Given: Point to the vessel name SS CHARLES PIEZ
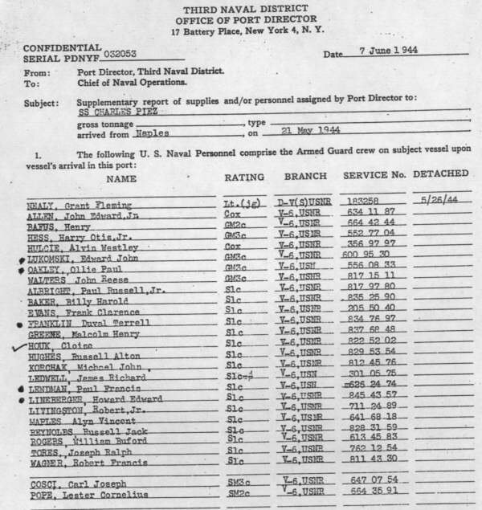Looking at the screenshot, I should pos(117,113).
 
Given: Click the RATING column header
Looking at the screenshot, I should pos(243,176).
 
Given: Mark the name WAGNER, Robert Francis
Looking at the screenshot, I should pos(80,462).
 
